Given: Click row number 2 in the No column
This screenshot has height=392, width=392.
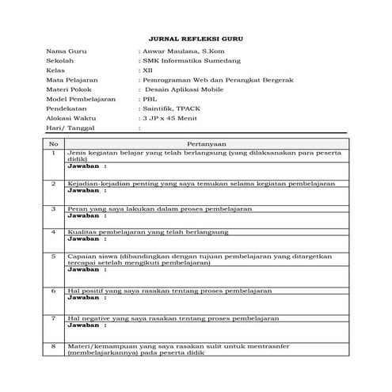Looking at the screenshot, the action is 54,183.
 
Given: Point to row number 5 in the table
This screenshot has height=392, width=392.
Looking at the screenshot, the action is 54,257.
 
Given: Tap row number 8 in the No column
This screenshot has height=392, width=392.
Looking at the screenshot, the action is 54,346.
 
